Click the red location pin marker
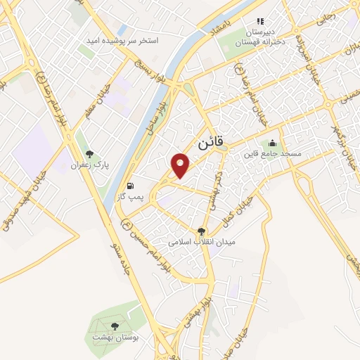182,165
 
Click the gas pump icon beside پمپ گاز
130,186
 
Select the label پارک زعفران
88,166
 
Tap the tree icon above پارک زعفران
89,154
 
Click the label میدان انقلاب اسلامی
202,242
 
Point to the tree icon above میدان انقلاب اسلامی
202,231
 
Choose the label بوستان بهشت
117,337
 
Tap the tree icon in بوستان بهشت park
114,326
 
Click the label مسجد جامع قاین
272,153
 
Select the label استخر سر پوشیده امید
124,41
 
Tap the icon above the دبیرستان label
260,21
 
